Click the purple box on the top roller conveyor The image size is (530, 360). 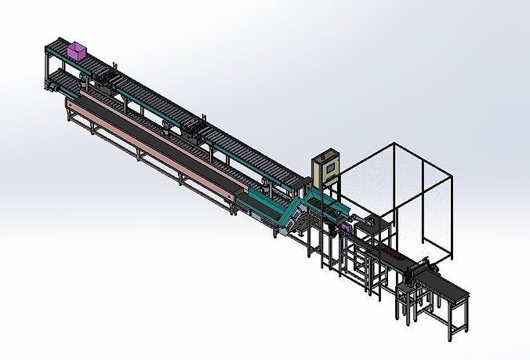tap(77, 52)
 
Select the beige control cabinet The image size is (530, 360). tap(323, 172)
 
